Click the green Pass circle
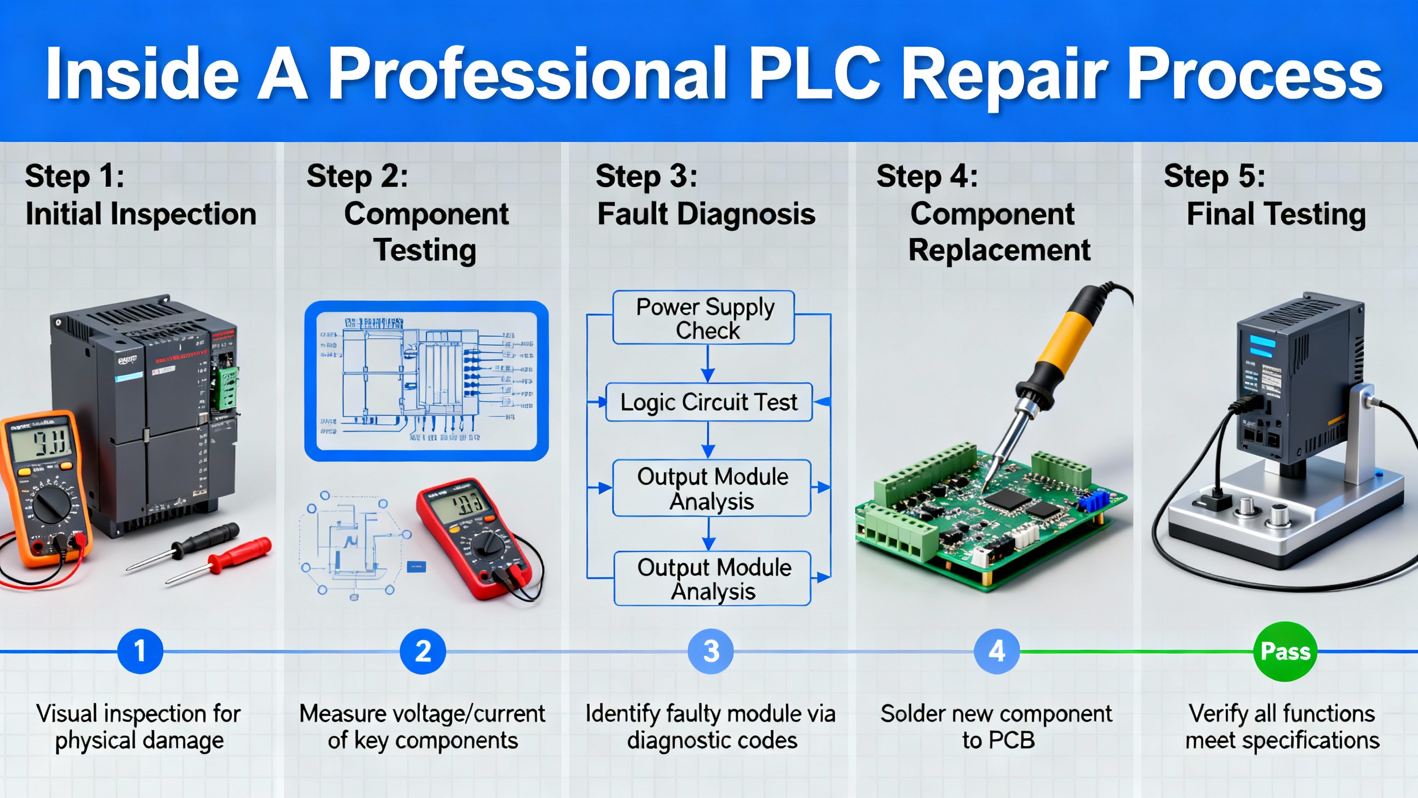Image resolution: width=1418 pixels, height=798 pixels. tap(1285, 651)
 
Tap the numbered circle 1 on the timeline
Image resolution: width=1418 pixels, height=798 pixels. tap(140, 651)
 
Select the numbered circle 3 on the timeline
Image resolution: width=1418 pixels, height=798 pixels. tap(711, 651)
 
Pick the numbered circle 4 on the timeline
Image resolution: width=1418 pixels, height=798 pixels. tap(996, 651)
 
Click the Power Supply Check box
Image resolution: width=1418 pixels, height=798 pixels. tap(704, 318)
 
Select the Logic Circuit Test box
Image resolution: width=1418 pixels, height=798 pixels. tap(708, 402)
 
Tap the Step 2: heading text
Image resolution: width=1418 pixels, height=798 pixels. tap(357, 176)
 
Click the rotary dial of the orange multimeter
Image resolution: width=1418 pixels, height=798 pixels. tap(51, 504)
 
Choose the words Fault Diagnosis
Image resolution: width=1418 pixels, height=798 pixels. tap(706, 214)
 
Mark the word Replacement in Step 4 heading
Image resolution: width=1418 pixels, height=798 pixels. tap(999, 250)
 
